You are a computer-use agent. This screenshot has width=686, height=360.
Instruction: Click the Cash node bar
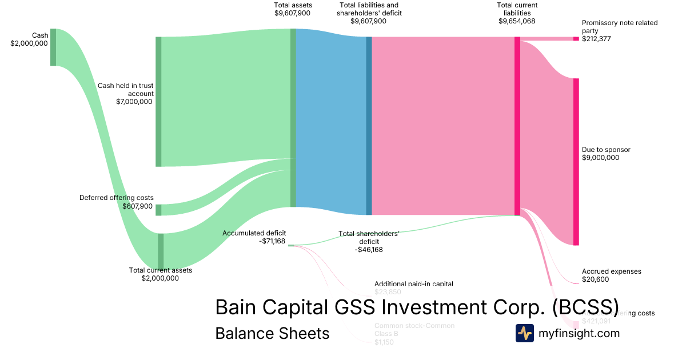(x=53, y=47)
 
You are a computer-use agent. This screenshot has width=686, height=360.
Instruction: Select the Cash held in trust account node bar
(x=158, y=102)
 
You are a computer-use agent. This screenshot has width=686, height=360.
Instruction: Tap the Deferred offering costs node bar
(x=158, y=210)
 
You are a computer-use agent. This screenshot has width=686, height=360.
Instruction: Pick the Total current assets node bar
(x=161, y=250)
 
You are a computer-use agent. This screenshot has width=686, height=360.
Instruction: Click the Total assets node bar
(x=293, y=117)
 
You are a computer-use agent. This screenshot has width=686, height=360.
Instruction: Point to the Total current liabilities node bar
(x=517, y=126)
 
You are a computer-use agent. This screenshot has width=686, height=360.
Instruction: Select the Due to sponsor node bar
(x=576, y=162)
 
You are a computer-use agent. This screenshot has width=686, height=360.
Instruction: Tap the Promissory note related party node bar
(x=576, y=39)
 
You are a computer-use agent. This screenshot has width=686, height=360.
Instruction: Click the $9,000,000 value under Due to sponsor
(x=600, y=158)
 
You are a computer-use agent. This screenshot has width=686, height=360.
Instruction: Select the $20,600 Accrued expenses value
(x=595, y=279)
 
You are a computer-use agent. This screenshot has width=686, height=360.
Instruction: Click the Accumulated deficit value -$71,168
(x=272, y=241)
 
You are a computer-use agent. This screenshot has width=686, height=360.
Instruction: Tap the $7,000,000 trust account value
(x=134, y=102)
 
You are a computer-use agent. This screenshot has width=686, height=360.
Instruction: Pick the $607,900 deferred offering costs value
(x=137, y=206)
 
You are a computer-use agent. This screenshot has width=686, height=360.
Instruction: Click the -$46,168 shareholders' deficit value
(x=369, y=250)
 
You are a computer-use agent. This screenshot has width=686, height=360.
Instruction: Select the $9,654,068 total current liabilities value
(x=517, y=21)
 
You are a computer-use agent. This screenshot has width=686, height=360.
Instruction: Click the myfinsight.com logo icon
(x=524, y=333)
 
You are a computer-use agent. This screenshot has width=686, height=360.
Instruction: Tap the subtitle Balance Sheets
(x=272, y=333)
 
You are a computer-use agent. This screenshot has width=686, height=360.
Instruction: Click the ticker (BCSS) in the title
(x=585, y=307)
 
